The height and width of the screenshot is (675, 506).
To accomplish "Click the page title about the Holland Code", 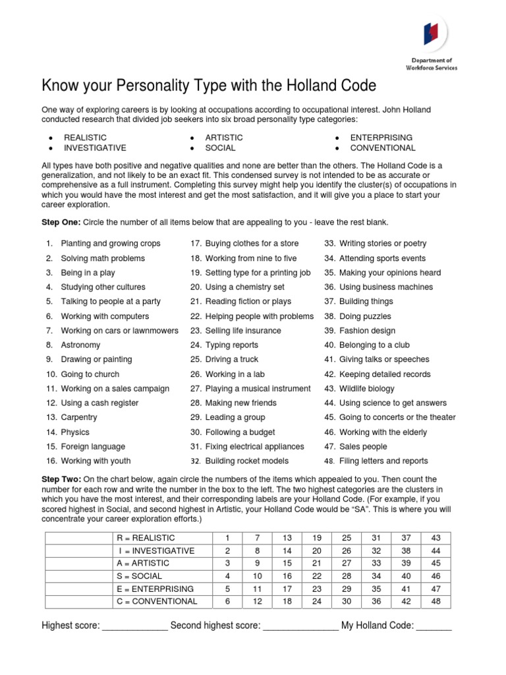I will tap(210, 86).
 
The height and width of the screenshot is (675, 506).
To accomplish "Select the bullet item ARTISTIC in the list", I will tap(223, 137).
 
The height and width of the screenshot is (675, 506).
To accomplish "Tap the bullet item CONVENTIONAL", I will tap(383, 148).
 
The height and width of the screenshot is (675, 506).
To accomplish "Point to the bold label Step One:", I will tap(61, 222).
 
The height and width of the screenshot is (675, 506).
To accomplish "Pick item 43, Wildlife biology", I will tap(366, 388).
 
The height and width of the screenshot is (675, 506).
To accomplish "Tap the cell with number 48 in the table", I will tap(435, 601).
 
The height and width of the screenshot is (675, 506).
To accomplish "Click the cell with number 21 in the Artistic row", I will tap(316, 563).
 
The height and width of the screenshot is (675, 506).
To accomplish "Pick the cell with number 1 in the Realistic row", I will tap(227, 538).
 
